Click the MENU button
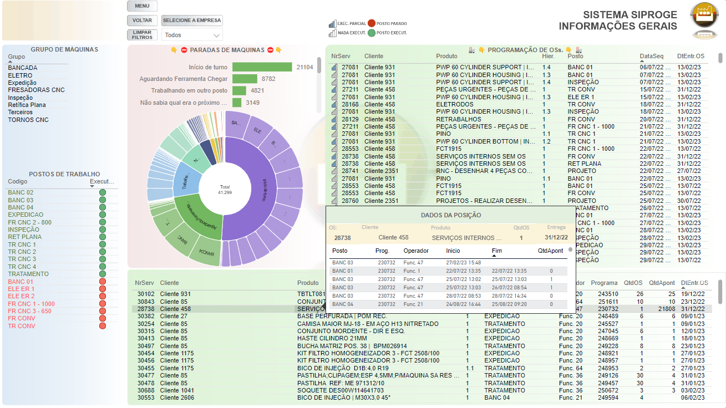tap(142, 6)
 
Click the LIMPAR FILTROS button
tap(142, 35)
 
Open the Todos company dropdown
tap(192, 35)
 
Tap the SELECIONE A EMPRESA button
tap(192, 21)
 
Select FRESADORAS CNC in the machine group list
tap(36, 90)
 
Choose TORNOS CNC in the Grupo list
tap(28, 120)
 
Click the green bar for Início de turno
tap(262, 67)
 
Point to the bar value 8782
tap(268, 79)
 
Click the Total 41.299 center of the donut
tap(225, 190)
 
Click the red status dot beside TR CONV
tap(102, 326)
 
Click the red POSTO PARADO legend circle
tap(372, 24)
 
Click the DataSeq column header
tap(651, 57)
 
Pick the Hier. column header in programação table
tap(548, 57)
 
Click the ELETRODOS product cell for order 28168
tap(455, 104)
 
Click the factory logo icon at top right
tap(703, 17)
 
